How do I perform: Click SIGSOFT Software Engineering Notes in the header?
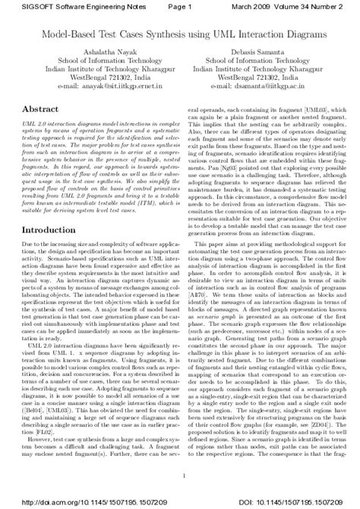[63, 5]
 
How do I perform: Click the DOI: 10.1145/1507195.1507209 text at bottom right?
[298, 503]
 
